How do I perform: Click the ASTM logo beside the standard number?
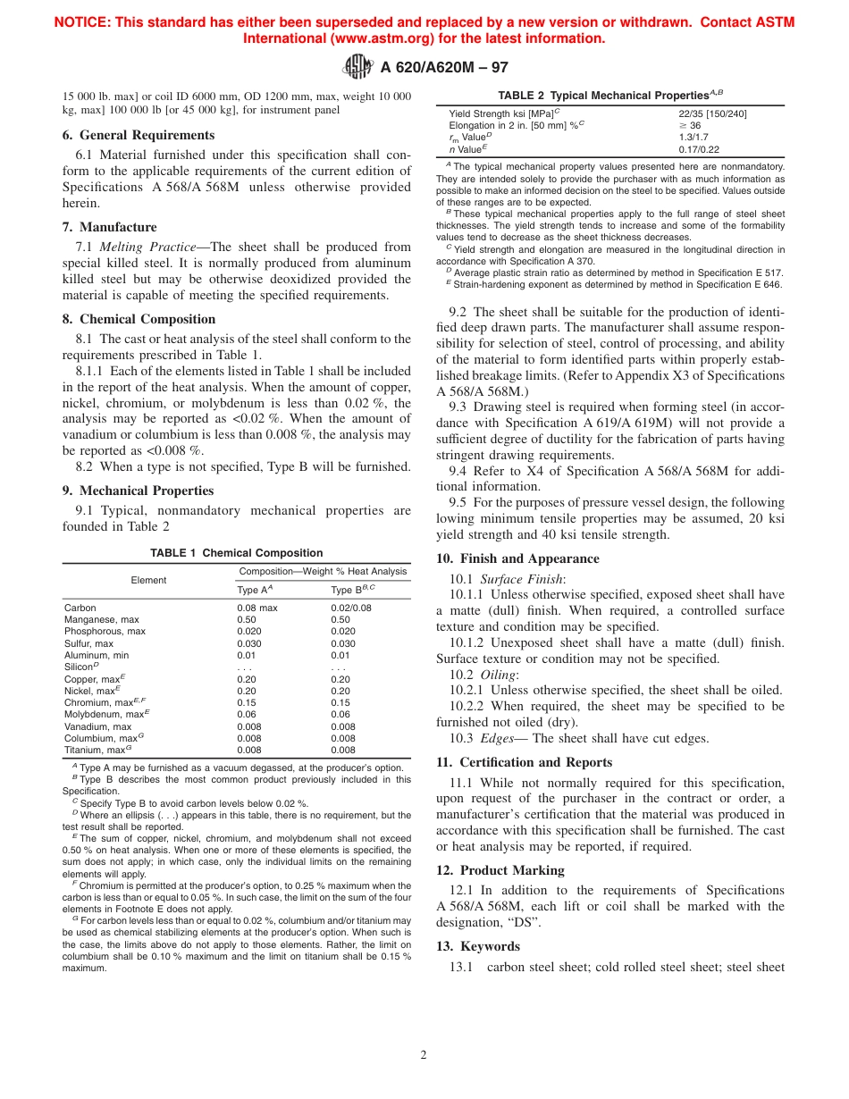357,67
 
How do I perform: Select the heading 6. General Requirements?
138,135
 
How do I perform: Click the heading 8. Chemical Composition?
139,319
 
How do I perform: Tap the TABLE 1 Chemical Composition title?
237,553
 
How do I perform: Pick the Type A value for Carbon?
257,608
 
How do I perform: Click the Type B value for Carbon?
351,608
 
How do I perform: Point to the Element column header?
148,580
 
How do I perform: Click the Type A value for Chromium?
247,702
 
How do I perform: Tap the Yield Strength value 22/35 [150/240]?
713,113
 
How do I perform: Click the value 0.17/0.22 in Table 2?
698,149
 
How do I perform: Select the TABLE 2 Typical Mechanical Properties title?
610,94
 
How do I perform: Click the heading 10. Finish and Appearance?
517,558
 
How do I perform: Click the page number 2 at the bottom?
424,1054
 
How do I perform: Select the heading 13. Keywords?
478,946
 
